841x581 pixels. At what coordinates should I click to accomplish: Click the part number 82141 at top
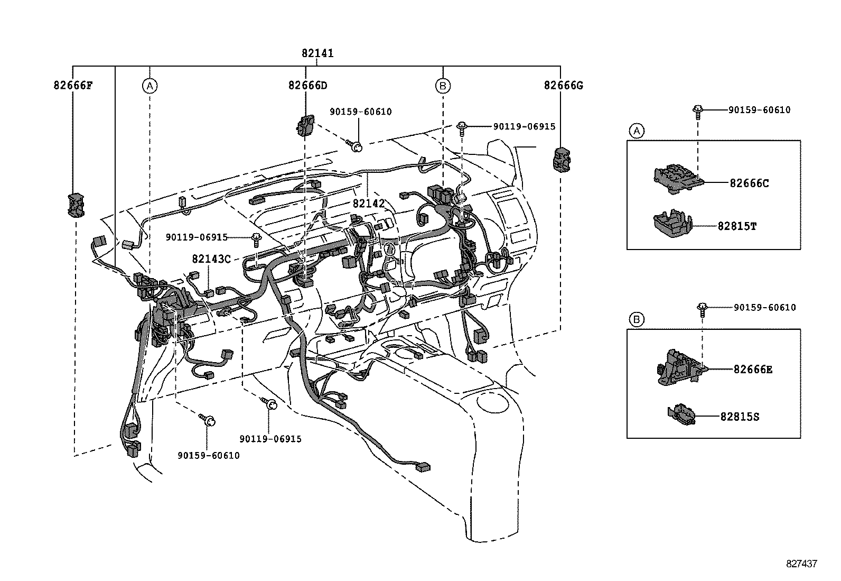(317, 53)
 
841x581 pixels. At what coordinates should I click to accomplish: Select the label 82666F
(73, 85)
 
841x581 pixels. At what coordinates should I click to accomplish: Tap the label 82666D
(307, 85)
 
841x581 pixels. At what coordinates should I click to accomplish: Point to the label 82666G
(563, 85)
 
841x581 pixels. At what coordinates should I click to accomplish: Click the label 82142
(368, 204)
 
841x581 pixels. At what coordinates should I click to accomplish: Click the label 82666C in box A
(749, 183)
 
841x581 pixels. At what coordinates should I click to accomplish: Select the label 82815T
(737, 226)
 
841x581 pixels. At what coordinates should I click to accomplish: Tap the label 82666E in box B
(752, 369)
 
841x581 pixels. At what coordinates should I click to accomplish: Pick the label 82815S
(740, 417)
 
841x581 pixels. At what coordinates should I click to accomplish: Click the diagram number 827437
(801, 564)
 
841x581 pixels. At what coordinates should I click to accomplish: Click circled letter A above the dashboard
(150, 85)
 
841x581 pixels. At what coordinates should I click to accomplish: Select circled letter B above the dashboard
(443, 85)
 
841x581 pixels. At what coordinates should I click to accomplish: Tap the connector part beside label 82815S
(682, 414)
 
